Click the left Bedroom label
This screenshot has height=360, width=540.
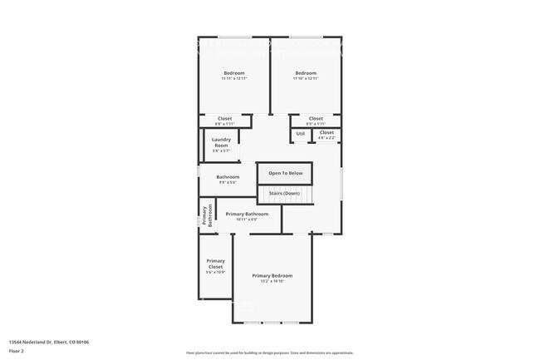tap(233, 73)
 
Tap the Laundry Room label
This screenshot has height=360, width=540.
tap(221, 142)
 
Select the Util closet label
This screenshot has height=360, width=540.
tap(300, 133)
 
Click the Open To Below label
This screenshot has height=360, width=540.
tap(285, 173)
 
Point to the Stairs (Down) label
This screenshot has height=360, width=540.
tap(284, 194)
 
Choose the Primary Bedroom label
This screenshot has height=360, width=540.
tap(272, 275)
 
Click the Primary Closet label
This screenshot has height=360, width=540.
tap(215, 264)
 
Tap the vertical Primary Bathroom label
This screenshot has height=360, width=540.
tap(207, 215)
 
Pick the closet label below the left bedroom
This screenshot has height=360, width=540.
tap(225, 119)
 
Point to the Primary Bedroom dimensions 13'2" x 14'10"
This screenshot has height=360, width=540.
tap(272, 281)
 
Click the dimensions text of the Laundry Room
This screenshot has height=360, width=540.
tap(221, 150)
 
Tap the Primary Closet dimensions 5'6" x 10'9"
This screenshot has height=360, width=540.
tap(215, 272)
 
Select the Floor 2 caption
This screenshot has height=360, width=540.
tap(16, 349)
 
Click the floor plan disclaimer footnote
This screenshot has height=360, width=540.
tap(269, 353)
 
